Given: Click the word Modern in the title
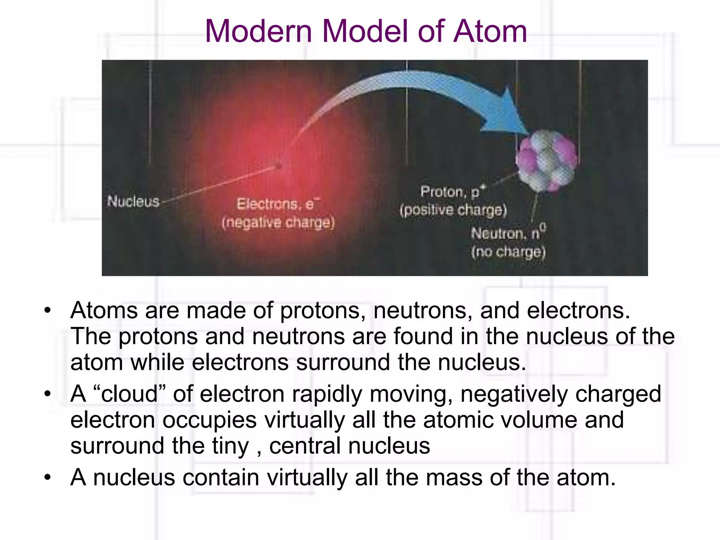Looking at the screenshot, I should pos(258,32).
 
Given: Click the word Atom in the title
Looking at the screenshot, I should pos(490,32).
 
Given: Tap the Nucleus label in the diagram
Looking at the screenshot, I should pos(133,201).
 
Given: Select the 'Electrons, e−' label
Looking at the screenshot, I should pos(278,204).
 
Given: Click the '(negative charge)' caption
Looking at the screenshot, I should pos(278,223).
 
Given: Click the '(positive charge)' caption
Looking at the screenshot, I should pos(453,210).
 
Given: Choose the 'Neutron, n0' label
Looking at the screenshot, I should pos(508,233).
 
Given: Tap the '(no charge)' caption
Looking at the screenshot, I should pos(508,252).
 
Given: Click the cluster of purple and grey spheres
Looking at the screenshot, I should pos(547,160).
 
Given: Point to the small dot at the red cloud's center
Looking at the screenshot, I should pos(278,165).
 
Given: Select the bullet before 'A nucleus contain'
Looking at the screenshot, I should pos(47,478).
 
